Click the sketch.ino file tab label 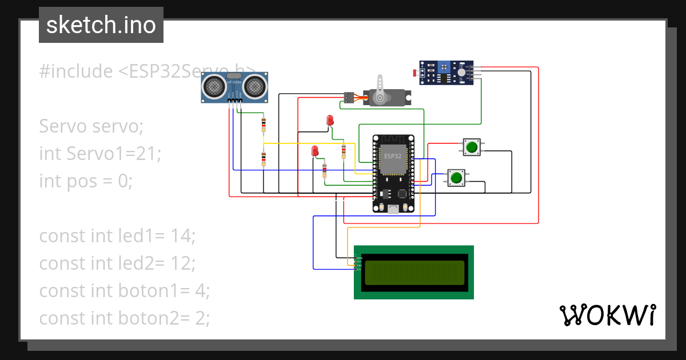pyautogui.click(x=101, y=25)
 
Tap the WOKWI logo pyautogui.click(x=607, y=315)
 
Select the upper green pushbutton pyautogui.click(x=472, y=147)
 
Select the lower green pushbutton pyautogui.click(x=456, y=178)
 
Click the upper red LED pyautogui.click(x=330, y=120)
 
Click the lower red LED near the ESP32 pyautogui.click(x=314, y=151)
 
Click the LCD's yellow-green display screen pyautogui.click(x=414, y=273)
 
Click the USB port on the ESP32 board pyautogui.click(x=393, y=210)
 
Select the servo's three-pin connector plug pyautogui.click(x=348, y=98)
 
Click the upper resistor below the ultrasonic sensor pyautogui.click(x=264, y=123)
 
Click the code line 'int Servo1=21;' pyautogui.click(x=101, y=153)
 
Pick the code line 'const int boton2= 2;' pyautogui.click(x=125, y=318)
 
